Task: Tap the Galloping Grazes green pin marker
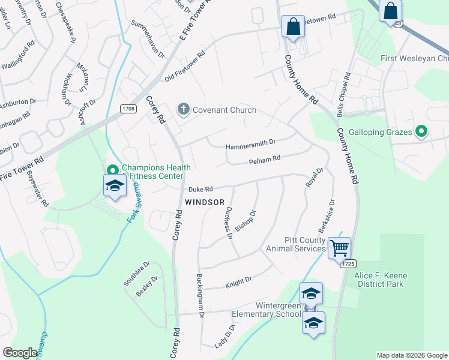click(421, 131)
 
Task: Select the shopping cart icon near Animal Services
click(339, 247)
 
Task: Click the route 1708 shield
click(127, 109)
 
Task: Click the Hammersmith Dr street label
click(250, 145)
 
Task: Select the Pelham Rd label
click(265, 160)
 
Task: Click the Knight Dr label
click(238, 281)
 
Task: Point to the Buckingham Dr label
click(201, 296)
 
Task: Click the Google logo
click(20, 353)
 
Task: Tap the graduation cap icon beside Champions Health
click(115, 186)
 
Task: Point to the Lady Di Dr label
click(224, 336)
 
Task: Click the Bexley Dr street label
click(147, 287)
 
